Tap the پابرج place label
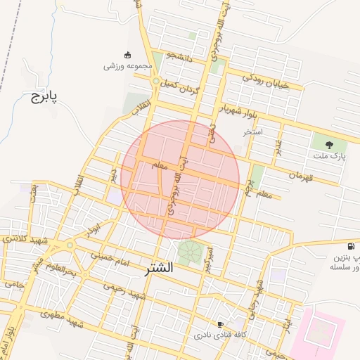pyautogui.click(x=43, y=96)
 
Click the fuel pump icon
pyautogui.click(x=351, y=247)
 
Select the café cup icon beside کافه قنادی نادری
pyautogui.click(x=221, y=324)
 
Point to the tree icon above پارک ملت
pyautogui.click(x=329, y=144)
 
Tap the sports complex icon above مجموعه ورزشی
pyautogui.click(x=127, y=55)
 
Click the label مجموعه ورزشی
pyautogui.click(x=127, y=66)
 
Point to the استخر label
pyautogui.click(x=252, y=131)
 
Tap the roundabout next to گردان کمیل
pyautogui.click(x=155, y=82)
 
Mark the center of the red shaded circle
pyautogui.click(x=180, y=180)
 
